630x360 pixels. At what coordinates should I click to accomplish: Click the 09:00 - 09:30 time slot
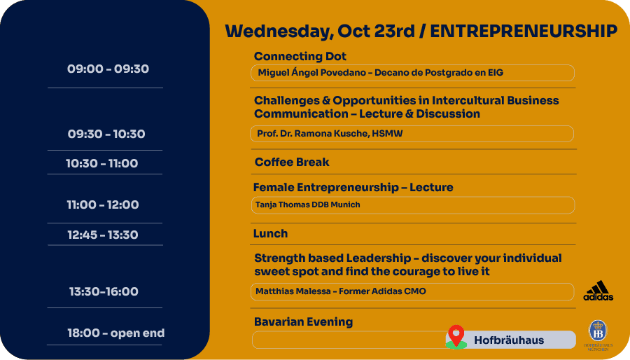108,69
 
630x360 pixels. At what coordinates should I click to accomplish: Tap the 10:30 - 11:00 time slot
102,163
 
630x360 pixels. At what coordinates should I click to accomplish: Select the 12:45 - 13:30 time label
103,235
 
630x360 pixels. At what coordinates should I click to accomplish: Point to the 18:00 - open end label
116,333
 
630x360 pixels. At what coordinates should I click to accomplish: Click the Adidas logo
598,291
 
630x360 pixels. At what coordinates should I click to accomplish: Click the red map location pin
456,335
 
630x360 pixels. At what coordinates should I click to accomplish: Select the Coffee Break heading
292,162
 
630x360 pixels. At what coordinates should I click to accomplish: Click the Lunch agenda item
270,233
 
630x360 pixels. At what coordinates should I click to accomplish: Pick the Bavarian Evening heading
303,322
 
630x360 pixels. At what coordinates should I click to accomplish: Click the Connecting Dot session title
300,56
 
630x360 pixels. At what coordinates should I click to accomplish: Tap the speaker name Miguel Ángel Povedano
311,73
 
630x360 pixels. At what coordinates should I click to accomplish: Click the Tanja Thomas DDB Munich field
413,205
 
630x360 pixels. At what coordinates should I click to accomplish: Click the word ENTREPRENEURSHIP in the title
524,32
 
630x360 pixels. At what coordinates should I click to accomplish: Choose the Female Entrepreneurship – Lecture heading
353,187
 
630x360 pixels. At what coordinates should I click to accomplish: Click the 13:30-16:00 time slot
104,291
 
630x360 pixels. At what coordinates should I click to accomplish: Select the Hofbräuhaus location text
509,340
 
